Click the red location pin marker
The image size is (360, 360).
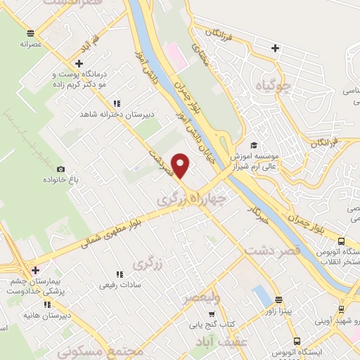pyautogui.click(x=181, y=165)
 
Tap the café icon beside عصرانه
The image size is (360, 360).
pyautogui.click(x=30, y=33)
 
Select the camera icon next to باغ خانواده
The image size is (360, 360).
pyautogui.click(x=60, y=169)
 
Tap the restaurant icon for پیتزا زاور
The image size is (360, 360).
pyautogui.click(x=278, y=297)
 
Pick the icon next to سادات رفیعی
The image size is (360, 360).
pyautogui.click(x=117, y=275)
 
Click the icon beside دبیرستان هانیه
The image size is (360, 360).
pyautogui.click(x=46, y=305)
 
